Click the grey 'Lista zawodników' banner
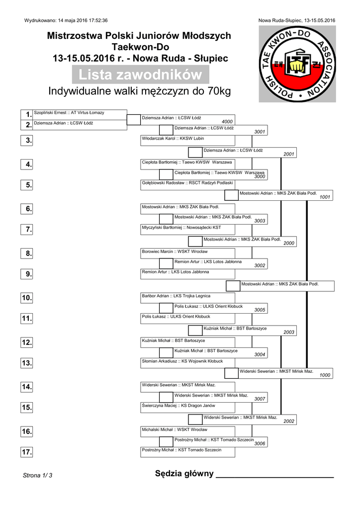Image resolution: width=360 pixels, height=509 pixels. coord(141,75)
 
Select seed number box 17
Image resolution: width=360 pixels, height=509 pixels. coord(27,452)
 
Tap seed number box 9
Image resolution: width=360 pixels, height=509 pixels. coord(27,274)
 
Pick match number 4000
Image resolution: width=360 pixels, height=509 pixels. coord(227,122)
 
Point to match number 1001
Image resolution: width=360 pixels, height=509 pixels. coord(325,197)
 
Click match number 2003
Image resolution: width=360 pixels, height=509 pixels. coord(289,332)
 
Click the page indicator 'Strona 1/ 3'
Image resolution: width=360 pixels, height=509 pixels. coord(38,476)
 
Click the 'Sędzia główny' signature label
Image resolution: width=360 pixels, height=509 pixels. coord(184,474)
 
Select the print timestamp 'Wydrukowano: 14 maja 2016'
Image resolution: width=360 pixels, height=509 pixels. coord(66,20)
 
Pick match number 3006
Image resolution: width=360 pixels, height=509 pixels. coord(260,444)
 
